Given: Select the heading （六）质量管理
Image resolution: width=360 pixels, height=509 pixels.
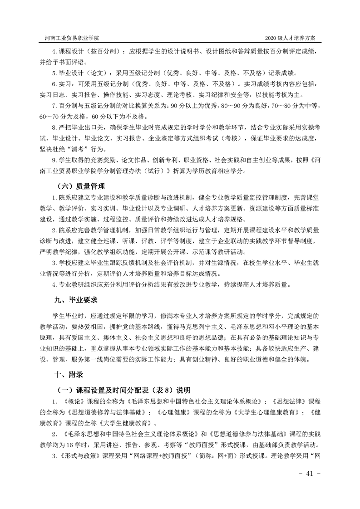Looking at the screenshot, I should (x=79, y=186).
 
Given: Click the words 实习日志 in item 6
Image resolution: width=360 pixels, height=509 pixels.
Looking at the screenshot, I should (x=51, y=95).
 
